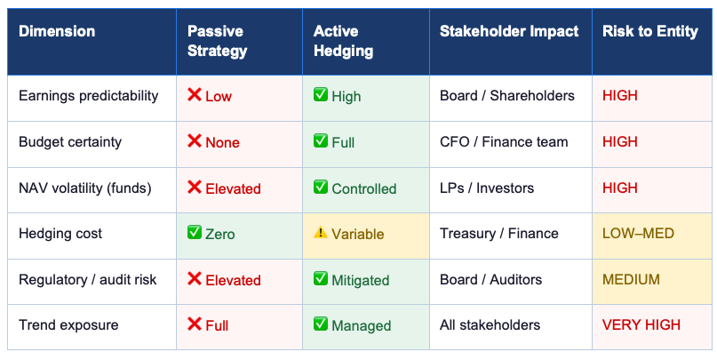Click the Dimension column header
(57, 31)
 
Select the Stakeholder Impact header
(509, 31)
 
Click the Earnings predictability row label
(88, 95)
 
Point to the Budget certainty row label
(70, 141)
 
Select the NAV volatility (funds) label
(85, 188)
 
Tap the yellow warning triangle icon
(321, 233)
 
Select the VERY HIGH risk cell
(641, 325)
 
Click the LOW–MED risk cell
(638, 234)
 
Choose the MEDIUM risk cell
(632, 280)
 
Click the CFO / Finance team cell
(504, 141)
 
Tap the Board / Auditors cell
(490, 280)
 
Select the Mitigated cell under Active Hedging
(360, 280)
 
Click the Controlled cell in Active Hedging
(363, 188)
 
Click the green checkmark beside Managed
(321, 324)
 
